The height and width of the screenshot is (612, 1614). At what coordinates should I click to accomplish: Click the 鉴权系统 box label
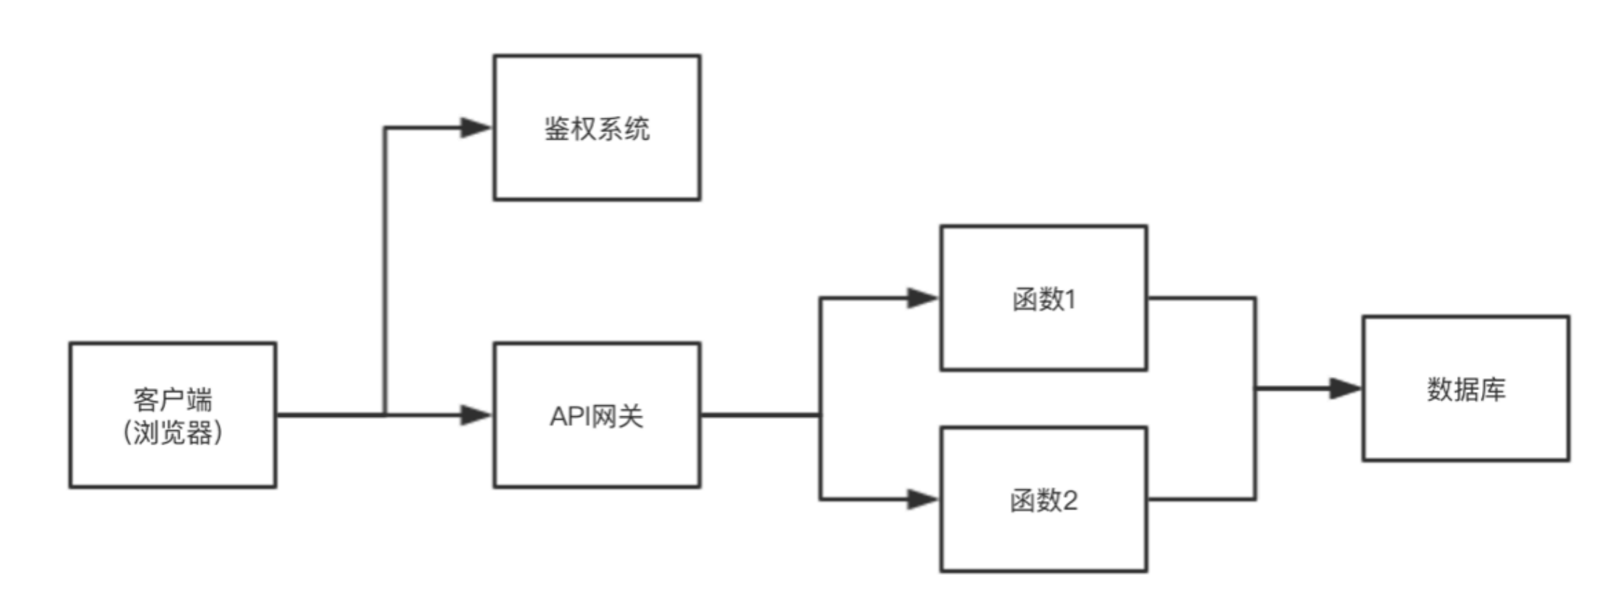click(x=597, y=129)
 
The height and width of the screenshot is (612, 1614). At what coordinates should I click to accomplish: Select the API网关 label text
click(x=596, y=416)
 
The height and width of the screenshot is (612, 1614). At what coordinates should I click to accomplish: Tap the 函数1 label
click(x=1043, y=299)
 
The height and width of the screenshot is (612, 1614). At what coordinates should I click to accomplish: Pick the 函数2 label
click(x=1043, y=500)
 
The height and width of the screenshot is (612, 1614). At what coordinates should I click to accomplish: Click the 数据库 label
click(x=1466, y=390)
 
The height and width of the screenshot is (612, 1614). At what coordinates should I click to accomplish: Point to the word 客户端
click(x=173, y=400)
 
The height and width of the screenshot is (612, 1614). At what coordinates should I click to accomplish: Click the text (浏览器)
click(x=173, y=433)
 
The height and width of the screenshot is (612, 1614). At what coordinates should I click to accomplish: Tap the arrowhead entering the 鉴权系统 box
click(x=476, y=128)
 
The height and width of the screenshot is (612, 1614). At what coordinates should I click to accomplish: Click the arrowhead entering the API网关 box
click(x=476, y=415)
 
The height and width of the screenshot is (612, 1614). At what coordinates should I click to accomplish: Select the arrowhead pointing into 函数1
click(x=922, y=298)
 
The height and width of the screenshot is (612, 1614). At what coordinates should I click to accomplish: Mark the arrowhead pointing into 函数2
click(x=922, y=500)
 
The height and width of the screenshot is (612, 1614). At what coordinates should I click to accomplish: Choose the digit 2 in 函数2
click(x=1069, y=500)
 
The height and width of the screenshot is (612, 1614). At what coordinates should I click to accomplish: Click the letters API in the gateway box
click(x=571, y=416)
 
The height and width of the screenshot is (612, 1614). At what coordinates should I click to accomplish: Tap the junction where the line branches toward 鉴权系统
click(x=385, y=415)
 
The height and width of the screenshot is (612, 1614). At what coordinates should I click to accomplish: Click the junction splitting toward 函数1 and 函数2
click(x=820, y=415)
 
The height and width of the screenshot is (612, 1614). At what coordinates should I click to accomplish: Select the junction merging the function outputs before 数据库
click(x=1256, y=389)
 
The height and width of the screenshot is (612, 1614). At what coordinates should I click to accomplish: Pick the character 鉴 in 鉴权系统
click(x=557, y=129)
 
